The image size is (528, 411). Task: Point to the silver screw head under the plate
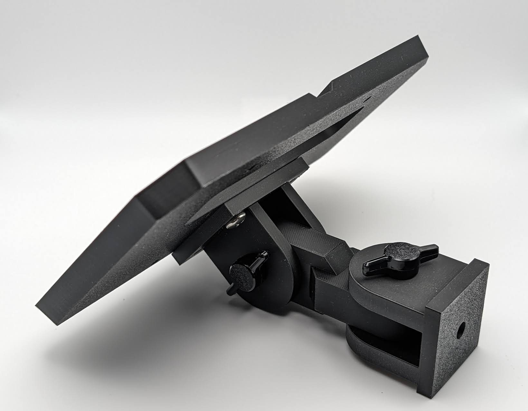[x=235, y=222]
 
